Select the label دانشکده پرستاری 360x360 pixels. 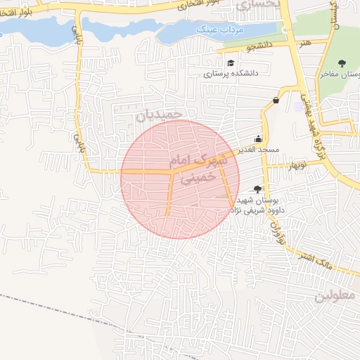(231, 73)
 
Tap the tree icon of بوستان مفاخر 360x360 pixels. (340, 63)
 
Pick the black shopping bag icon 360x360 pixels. (275, 100)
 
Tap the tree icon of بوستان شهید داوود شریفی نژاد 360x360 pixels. (257, 188)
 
